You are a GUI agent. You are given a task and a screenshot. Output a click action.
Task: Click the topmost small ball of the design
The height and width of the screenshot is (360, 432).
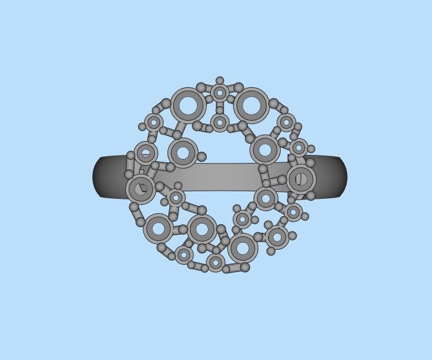pyautogui.click(x=219, y=80)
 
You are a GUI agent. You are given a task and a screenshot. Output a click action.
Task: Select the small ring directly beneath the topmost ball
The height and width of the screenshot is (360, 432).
pyautogui.click(x=219, y=92)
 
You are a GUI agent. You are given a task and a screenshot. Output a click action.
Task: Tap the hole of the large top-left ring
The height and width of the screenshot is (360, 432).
pyautogui.click(x=188, y=105)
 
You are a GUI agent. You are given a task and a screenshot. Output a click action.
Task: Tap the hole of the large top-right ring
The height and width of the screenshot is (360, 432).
pyautogui.click(x=251, y=105)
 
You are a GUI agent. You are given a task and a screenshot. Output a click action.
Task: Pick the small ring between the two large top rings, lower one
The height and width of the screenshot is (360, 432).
pyautogui.click(x=219, y=122)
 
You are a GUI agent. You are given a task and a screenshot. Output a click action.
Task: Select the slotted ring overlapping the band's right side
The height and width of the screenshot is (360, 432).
pyautogui.click(x=301, y=179)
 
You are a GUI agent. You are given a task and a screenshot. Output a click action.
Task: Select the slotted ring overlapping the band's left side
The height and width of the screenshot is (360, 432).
pyautogui.click(x=140, y=188)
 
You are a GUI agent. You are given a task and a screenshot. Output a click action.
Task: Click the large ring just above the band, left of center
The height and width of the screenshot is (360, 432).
pyautogui.click(x=183, y=153)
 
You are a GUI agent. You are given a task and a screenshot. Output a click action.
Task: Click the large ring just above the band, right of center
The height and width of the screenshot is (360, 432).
pyautogui.click(x=265, y=150)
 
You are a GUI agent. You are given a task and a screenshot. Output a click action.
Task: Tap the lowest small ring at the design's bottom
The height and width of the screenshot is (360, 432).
pyautogui.click(x=215, y=263)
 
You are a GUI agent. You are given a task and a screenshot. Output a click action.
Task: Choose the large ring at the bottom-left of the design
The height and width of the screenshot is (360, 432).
pyautogui.click(x=157, y=228)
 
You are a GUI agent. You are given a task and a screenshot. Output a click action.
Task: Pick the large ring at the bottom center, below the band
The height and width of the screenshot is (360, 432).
pyautogui.click(x=202, y=229)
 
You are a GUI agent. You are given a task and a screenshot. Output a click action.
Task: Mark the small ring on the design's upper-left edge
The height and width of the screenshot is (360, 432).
pyautogui.click(x=154, y=122)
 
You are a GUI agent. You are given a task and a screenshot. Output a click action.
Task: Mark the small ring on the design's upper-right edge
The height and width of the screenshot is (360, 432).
pyautogui.click(x=286, y=122)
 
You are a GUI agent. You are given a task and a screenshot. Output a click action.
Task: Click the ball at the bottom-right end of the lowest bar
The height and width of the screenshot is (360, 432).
pyautogui.click(x=245, y=267)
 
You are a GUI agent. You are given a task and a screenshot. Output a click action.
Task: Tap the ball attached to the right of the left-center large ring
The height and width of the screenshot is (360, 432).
pyautogui.click(x=202, y=157)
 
